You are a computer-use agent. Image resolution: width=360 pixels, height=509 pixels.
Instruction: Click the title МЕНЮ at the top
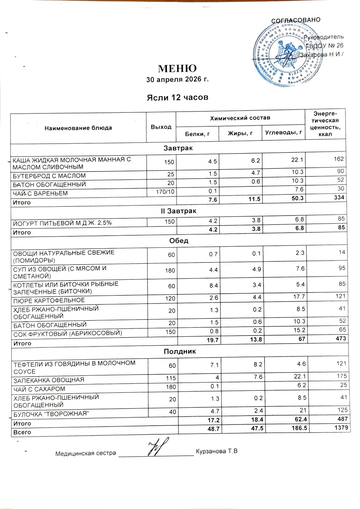pos(177,68)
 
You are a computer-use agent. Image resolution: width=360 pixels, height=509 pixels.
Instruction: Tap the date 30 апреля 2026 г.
pos(177,80)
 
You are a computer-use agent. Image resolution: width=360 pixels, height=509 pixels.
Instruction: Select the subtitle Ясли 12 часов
pos(177,98)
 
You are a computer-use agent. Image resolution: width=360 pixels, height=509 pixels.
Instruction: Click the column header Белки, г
pos(197,134)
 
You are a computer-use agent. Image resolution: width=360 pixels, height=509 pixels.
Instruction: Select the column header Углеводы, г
pos(284,132)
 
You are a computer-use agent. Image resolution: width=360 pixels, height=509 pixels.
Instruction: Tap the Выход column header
pos(161,127)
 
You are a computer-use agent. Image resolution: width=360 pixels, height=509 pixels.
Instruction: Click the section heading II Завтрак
pos(179,211)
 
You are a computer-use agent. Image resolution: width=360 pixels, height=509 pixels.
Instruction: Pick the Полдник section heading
pos(180,351)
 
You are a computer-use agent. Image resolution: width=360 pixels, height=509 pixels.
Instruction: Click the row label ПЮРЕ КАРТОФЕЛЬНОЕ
pos(49,301)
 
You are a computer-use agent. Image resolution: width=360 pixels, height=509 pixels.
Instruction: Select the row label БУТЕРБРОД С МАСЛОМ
pos(49,176)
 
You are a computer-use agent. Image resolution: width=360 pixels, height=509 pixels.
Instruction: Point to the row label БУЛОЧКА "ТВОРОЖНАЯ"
pos(51,414)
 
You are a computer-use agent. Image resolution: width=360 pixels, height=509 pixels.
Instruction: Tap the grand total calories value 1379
pos(341,428)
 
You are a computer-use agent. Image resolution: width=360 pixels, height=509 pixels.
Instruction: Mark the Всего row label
pos(22,432)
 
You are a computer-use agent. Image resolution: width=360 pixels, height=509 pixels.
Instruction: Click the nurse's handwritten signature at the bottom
pos(158,449)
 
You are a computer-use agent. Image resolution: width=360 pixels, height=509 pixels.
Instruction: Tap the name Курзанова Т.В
pos(217,452)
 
